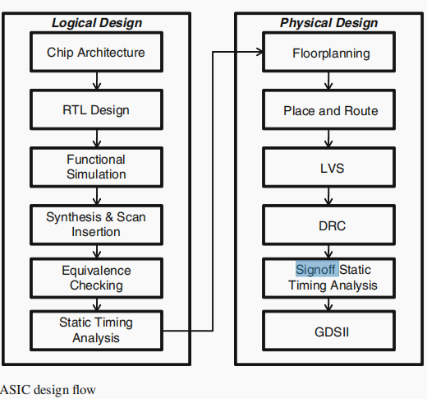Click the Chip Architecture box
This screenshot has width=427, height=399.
tap(96, 53)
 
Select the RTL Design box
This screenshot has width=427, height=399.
tap(96, 110)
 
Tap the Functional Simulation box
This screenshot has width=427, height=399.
tap(96, 167)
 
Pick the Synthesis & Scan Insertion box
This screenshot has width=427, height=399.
tap(96, 225)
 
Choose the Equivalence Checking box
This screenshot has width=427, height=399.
tap(96, 278)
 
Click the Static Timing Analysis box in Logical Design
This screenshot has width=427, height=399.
tap(96, 330)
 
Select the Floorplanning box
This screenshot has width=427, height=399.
tap(331, 53)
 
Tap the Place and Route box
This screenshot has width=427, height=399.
tap(331, 110)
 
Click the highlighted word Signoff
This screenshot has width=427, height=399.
tap(316, 269)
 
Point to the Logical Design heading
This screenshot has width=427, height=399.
tap(97, 22)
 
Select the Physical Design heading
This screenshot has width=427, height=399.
tap(328, 22)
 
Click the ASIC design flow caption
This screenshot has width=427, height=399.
tap(48, 389)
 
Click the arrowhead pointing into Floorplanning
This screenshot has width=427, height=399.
tap(259, 53)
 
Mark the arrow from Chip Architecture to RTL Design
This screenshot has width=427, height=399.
tap(97, 81)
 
